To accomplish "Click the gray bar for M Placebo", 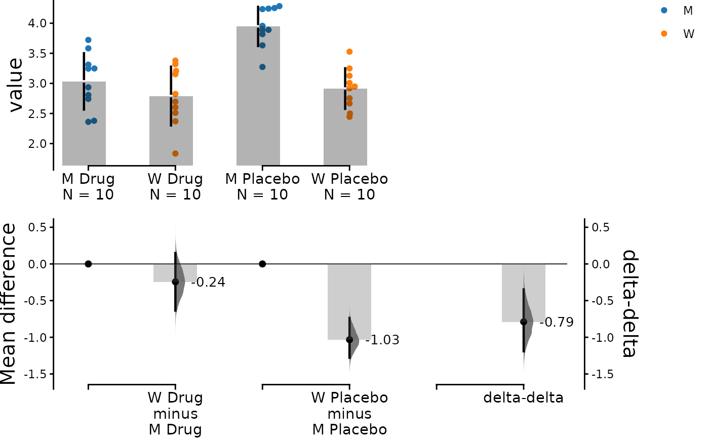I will point(258,101).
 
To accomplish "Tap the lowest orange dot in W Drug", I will point(175,153).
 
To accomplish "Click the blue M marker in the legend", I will point(664,10).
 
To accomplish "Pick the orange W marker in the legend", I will point(664,34).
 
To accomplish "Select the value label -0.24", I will point(208,283).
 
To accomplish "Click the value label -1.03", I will point(382,340).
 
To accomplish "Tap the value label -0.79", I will point(557,323).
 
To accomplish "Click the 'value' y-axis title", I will point(16,85).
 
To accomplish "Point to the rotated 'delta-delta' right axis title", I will point(628,304).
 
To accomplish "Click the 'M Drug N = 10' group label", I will point(88,187).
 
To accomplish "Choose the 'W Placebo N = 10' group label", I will point(349,187).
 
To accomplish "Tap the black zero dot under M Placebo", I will point(262,264).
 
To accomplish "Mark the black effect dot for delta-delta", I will point(524,322).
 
